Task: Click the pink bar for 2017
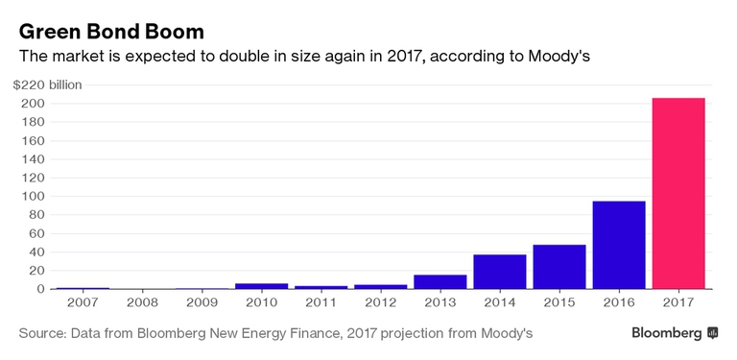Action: click(678, 193)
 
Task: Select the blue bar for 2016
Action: click(619, 245)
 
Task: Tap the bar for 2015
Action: click(559, 266)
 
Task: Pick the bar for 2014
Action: click(500, 271)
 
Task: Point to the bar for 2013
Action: click(440, 281)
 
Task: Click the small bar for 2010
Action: click(262, 286)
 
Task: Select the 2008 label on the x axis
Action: click(143, 301)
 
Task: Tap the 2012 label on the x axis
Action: click(381, 301)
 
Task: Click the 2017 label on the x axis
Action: click(678, 301)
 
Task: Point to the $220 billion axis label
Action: click(48, 84)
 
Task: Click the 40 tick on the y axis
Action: click(36, 252)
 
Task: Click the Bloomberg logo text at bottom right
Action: click(666, 333)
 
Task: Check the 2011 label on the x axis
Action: click(321, 301)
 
